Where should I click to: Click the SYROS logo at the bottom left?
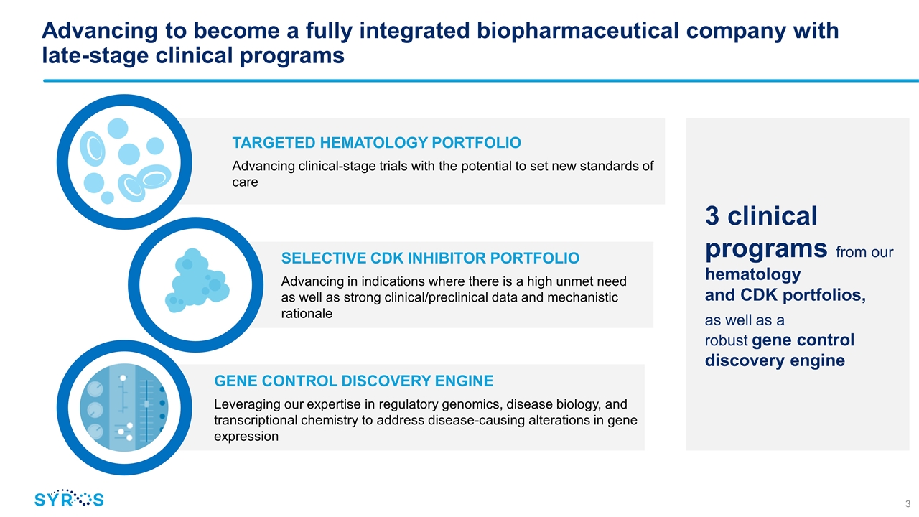tap(69, 498)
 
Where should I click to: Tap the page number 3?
tap(908, 503)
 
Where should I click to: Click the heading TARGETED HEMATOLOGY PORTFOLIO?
tap(377, 143)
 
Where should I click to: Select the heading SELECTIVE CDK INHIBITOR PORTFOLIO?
tap(430, 258)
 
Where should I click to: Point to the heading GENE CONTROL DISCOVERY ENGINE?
tap(354, 381)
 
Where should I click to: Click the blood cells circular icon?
tap(124, 162)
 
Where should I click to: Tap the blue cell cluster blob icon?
tap(197, 281)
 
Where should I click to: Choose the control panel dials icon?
tap(124, 407)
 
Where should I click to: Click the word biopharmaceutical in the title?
tap(578, 31)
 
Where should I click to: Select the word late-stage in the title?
tap(95, 56)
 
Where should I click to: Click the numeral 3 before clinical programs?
tap(712, 216)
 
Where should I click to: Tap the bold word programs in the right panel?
tap(766, 249)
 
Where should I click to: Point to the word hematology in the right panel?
tap(753, 274)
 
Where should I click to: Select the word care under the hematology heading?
tap(245, 182)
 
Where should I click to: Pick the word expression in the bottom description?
tap(246, 437)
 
